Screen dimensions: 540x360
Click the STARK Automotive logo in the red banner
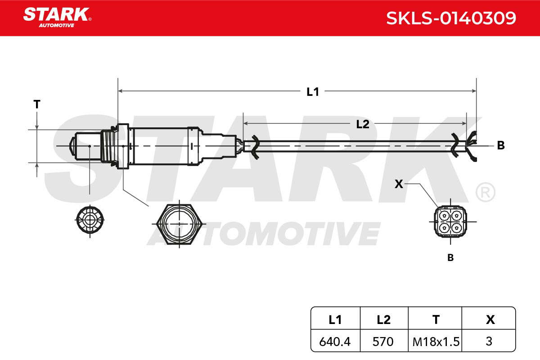pos(57,18)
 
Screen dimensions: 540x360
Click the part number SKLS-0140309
pos(451,18)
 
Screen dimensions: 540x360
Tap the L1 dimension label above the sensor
pos(313,92)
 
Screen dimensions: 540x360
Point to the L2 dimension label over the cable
pos(363,124)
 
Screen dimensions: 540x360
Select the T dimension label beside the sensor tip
pos(36,104)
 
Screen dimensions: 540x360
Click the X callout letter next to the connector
pos(399,184)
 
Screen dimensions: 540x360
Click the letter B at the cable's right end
pos(501,145)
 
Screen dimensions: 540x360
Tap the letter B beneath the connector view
pos(450,257)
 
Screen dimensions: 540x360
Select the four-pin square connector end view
pos(450,221)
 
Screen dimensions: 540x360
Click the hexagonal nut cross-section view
pos(179,224)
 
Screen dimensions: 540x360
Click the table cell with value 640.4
pos(335,342)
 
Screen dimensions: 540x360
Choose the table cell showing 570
pos(383,342)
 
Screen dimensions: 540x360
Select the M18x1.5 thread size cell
pos(436,342)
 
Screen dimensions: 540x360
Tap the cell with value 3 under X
pos(489,341)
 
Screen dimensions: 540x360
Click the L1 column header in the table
pos(335,320)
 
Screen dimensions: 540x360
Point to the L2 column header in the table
pos(383,320)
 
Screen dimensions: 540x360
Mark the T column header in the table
pos(436,320)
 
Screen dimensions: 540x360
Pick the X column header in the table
pos(490,320)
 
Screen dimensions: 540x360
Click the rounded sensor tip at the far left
pos(72,146)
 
